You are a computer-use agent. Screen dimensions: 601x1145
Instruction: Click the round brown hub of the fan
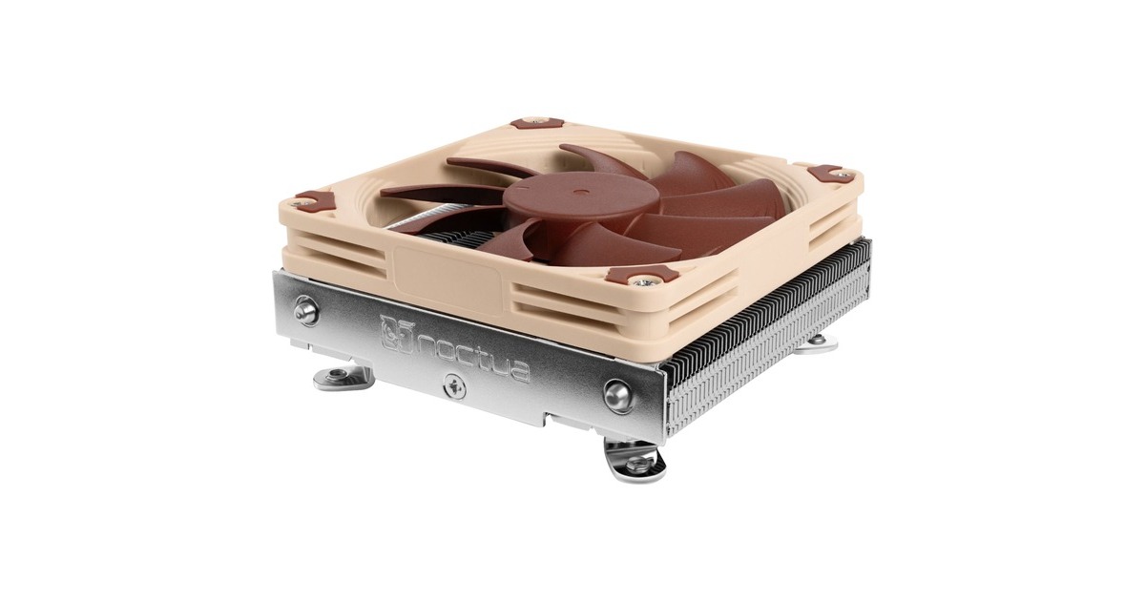click(544, 197)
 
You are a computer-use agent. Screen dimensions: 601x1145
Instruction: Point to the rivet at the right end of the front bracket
click(616, 393)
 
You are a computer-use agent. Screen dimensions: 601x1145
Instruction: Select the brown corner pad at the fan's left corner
click(314, 201)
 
